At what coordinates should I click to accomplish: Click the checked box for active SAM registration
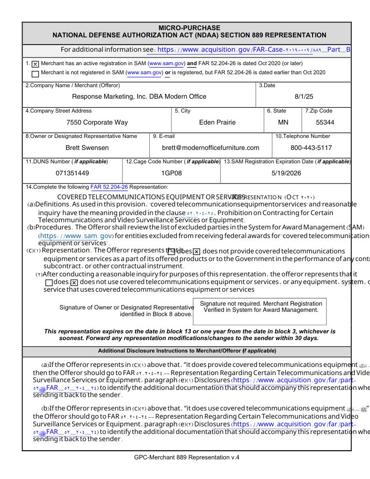coord(35,64)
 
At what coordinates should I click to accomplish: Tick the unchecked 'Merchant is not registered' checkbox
coord(35,74)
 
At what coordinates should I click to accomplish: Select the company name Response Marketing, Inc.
coord(139,96)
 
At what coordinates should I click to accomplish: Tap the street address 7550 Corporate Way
coord(97,122)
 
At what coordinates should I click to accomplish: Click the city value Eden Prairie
coord(217,122)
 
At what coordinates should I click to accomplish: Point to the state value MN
coord(283,122)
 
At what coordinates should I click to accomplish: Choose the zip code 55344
coord(325,122)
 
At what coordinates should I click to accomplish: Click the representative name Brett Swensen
coord(87,148)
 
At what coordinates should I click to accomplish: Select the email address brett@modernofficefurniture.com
coord(211,148)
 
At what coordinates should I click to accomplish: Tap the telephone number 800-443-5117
coord(311,148)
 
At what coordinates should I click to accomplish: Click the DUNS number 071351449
coord(72,172)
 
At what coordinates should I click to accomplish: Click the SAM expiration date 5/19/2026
coord(286,172)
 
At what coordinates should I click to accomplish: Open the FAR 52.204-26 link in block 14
coord(109,187)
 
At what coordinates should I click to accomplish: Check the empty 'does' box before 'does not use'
coord(49,283)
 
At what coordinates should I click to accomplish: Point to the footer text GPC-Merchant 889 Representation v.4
coord(187,457)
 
